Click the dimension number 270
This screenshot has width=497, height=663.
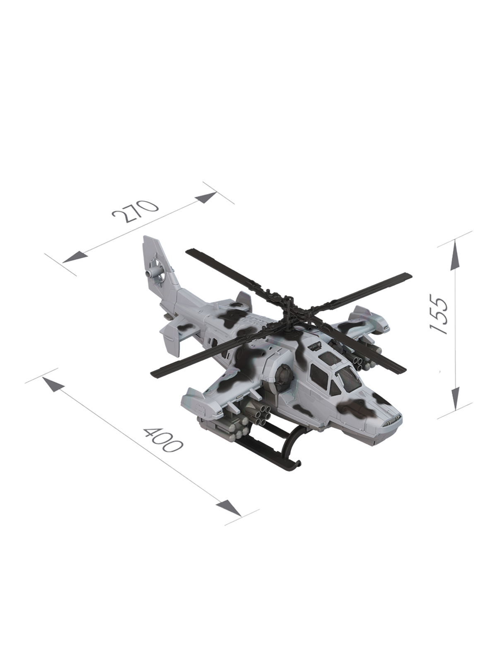click(135, 211)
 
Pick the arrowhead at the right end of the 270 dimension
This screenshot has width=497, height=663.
click(206, 197)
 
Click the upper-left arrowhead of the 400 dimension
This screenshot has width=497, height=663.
click(53, 385)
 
